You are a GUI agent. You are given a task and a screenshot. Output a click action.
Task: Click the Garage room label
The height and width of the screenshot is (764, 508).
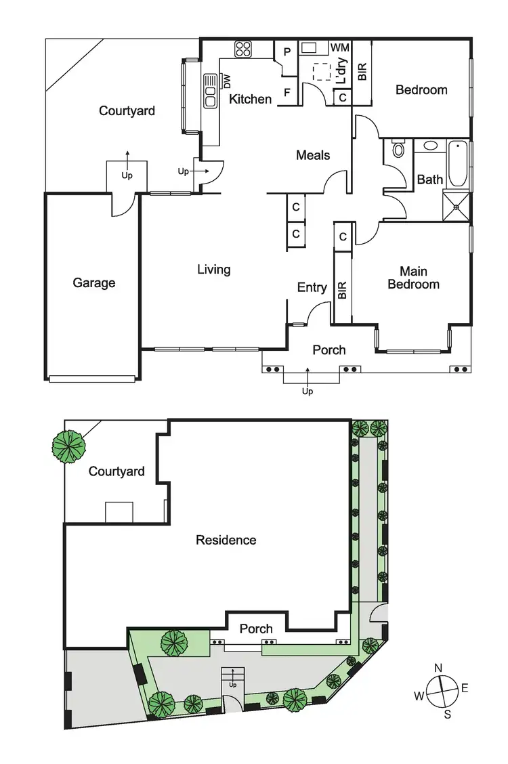(94, 283)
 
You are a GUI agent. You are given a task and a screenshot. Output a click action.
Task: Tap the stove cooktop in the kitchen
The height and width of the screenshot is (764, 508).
(243, 49)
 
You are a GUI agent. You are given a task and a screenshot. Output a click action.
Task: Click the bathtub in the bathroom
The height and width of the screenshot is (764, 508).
(458, 163)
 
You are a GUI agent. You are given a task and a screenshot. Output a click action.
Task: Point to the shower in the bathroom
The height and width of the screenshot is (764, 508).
(456, 206)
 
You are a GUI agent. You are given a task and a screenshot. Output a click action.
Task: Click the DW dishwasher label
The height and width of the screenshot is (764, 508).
(228, 81)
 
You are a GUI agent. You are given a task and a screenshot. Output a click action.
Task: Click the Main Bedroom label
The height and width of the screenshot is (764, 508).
(413, 278)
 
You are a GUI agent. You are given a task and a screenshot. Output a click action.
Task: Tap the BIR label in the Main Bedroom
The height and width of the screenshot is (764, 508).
(342, 291)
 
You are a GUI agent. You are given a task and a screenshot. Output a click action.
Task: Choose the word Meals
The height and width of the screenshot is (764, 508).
(313, 155)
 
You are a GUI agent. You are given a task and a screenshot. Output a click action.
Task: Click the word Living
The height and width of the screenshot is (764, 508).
(214, 270)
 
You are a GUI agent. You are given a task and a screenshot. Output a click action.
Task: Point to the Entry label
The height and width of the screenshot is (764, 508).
(312, 288)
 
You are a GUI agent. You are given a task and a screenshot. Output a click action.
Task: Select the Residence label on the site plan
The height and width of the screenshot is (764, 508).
(226, 540)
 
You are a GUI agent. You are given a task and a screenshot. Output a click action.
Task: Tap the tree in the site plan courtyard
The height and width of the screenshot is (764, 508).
(70, 445)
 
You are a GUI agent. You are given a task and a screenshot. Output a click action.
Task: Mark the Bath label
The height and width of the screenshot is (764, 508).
(430, 179)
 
